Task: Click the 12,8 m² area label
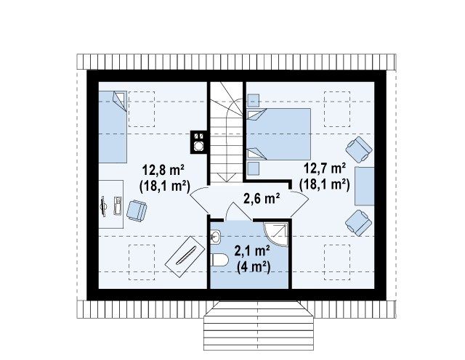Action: [x=163, y=171]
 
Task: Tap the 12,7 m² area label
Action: [x=325, y=169]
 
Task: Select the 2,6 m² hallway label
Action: [x=262, y=199]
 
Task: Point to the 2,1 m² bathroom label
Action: [x=252, y=251]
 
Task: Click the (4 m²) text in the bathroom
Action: [x=254, y=268]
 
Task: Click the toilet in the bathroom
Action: [x=219, y=261]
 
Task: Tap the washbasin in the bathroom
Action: [x=216, y=237]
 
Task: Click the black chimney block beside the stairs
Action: [x=198, y=142]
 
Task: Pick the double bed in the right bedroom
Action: [x=278, y=134]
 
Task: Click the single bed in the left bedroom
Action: [x=113, y=127]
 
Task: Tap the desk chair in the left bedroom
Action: [x=137, y=210]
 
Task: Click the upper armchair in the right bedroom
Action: [x=359, y=150]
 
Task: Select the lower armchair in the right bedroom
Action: [x=359, y=223]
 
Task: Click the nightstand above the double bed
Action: [x=253, y=100]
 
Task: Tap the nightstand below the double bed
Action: [x=253, y=168]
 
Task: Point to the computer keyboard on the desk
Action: [x=118, y=205]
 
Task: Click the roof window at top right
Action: [x=337, y=109]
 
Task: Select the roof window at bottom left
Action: [x=142, y=263]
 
